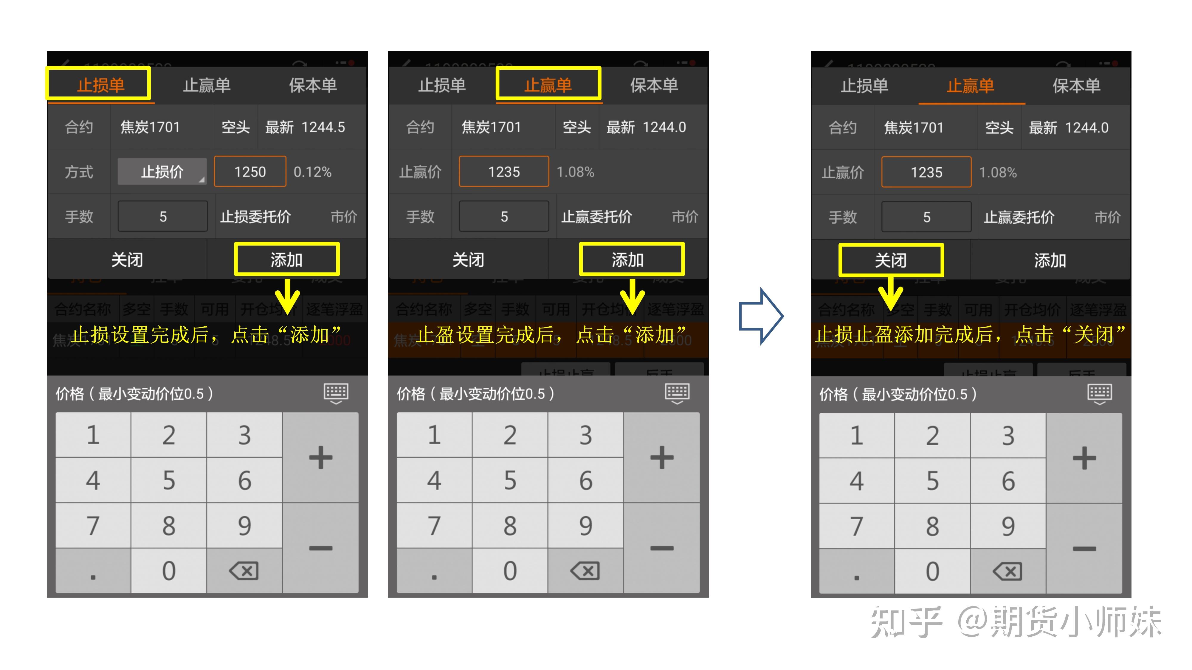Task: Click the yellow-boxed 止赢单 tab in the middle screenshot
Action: pos(548,84)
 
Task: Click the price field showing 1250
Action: pos(250,172)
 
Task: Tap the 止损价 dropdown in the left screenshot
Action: pos(162,172)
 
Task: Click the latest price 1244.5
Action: pos(323,127)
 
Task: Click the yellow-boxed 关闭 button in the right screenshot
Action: pos(891,260)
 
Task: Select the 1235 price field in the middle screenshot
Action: pos(504,172)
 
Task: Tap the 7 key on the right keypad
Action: pos(857,526)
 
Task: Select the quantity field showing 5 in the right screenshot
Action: pos(926,217)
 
